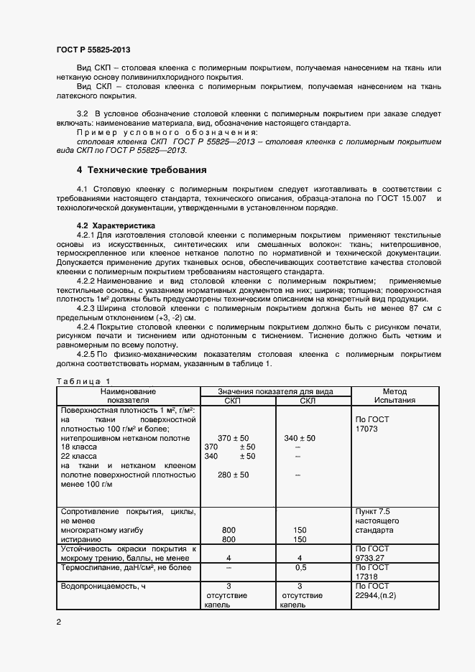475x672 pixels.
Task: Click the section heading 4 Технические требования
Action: pos(142,170)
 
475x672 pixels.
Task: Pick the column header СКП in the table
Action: pos(234,400)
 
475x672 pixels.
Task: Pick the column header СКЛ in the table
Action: pos(307,400)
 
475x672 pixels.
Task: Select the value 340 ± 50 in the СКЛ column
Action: pos(300,437)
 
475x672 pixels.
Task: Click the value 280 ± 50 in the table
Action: pos(233,475)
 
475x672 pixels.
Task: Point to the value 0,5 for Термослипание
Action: pos(300,567)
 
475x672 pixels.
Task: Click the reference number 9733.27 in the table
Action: pos(371,557)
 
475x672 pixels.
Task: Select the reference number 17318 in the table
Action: pos(366,576)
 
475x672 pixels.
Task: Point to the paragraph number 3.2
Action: pos(82,114)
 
